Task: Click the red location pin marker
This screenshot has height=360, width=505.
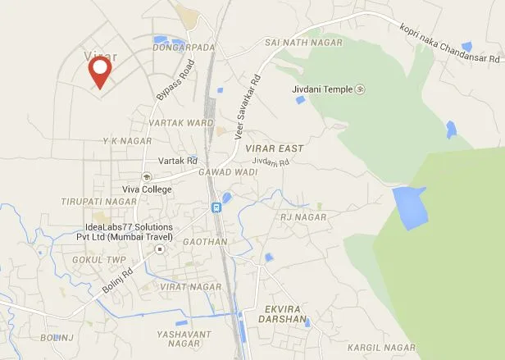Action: coord(100,71)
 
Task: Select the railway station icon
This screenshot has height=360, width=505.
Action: coord(216,207)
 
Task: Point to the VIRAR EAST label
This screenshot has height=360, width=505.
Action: coord(274,148)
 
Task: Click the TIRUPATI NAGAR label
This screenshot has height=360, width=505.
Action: coord(98,201)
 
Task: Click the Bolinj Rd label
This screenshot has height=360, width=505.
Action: coord(118,276)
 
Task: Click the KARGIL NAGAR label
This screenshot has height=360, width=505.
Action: coord(381,348)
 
